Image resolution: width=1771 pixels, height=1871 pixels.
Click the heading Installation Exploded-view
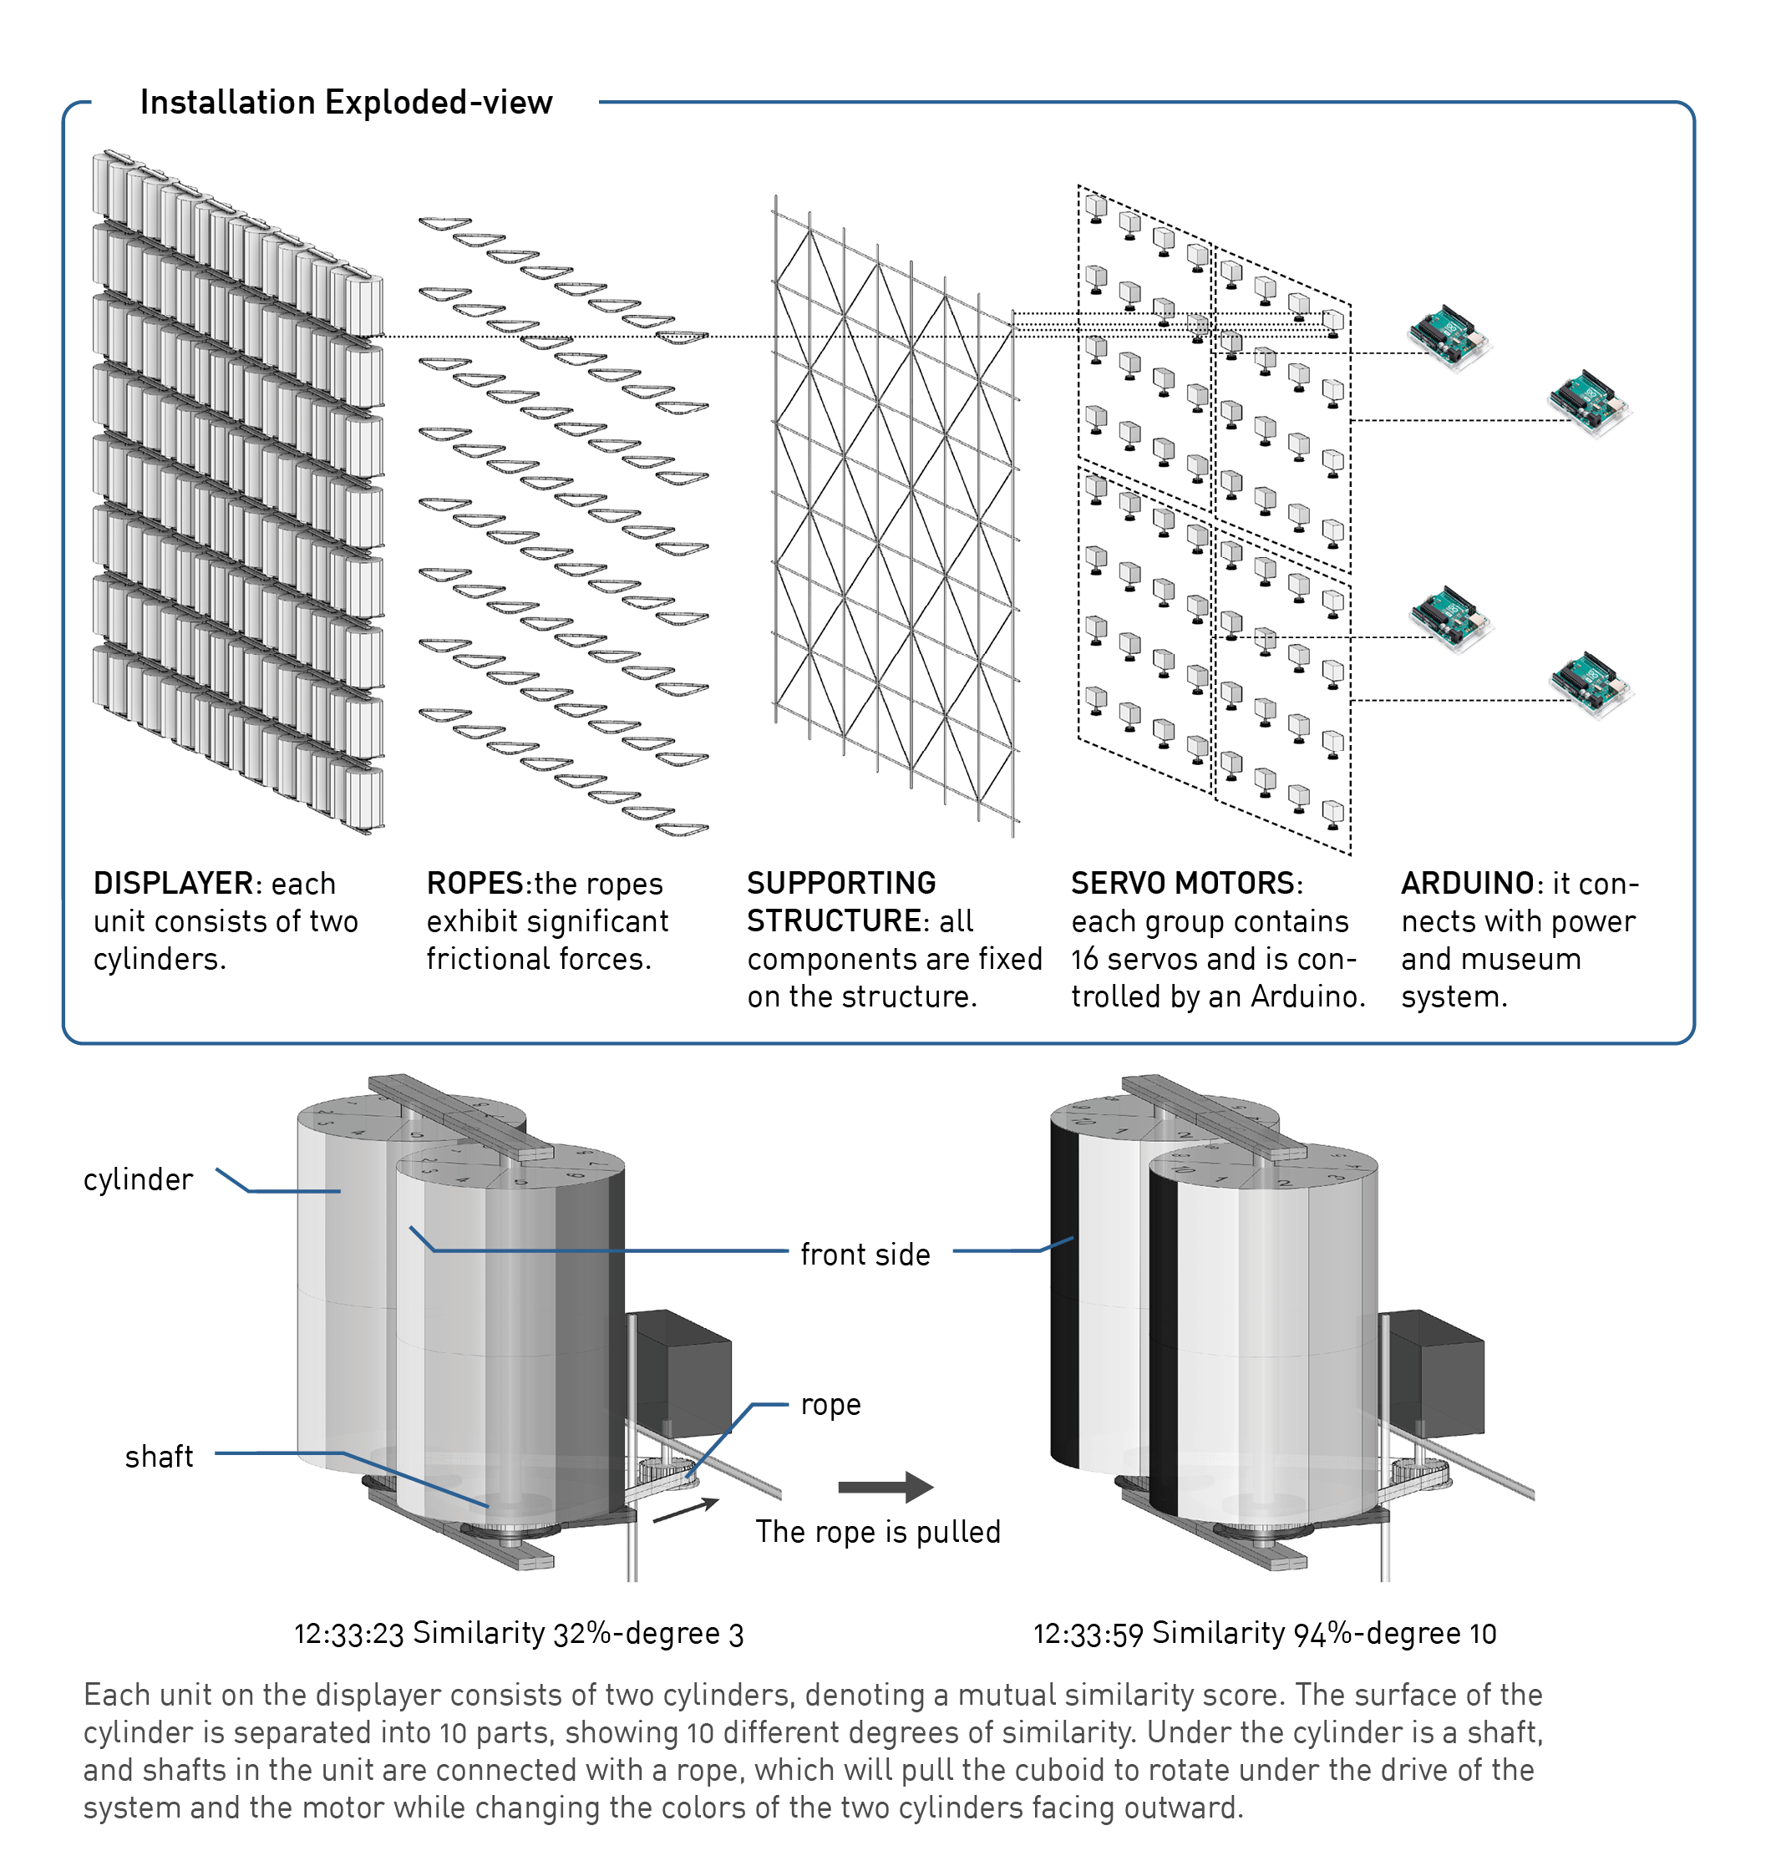tap(346, 102)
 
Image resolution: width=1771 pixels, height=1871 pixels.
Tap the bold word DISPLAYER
tap(174, 884)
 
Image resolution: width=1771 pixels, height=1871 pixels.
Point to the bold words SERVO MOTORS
tap(1185, 884)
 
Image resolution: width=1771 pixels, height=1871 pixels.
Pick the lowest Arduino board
tap(1591, 684)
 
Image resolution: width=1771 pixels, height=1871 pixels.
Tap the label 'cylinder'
tap(138, 1180)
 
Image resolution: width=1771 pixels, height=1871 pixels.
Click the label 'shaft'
tap(159, 1457)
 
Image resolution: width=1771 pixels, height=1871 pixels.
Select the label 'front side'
tap(865, 1255)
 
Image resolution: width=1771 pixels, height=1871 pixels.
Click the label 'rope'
tap(830, 1405)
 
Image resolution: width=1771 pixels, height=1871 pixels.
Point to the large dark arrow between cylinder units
tap(885, 1487)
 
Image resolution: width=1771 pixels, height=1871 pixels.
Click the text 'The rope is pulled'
tap(877, 1531)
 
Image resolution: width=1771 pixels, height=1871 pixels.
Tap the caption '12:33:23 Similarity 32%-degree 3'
tap(518, 1633)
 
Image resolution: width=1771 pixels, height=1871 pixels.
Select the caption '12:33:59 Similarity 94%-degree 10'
tap(1264, 1633)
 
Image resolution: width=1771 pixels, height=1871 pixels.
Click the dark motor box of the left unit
tap(682, 1373)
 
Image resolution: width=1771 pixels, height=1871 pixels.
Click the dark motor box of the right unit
tap(1435, 1373)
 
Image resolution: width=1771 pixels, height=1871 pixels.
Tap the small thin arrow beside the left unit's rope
tap(684, 1509)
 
